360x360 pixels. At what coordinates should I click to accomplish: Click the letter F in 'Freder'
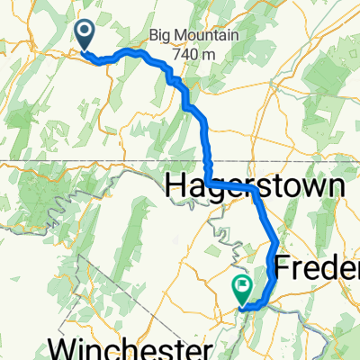point(283,267)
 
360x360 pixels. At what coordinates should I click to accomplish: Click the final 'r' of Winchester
point(205,349)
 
